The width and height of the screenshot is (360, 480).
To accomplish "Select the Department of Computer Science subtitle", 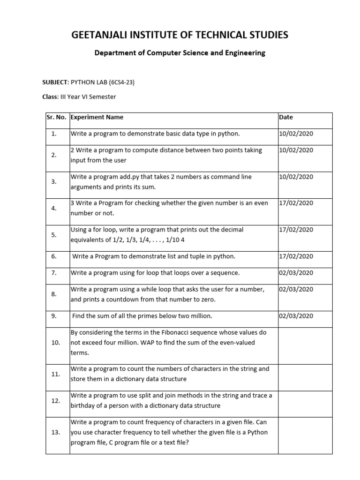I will point(180,53).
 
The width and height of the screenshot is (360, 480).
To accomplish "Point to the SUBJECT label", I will point(55,82).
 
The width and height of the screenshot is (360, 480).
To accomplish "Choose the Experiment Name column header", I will point(97,117).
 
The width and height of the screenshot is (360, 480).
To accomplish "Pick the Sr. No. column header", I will point(57,117).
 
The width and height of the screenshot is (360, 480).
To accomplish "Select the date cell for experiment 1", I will point(296,134).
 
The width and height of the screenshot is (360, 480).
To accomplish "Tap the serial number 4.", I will point(54,208).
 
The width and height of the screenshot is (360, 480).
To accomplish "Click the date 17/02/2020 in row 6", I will point(296,256).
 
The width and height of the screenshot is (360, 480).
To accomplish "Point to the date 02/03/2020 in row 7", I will point(296,273).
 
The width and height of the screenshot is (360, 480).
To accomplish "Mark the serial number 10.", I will point(56,343).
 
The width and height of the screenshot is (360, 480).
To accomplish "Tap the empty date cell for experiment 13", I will point(305,432).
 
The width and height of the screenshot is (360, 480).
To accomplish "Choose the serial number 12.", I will point(56,401).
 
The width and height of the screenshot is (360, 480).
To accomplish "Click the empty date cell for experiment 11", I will point(305,374).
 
